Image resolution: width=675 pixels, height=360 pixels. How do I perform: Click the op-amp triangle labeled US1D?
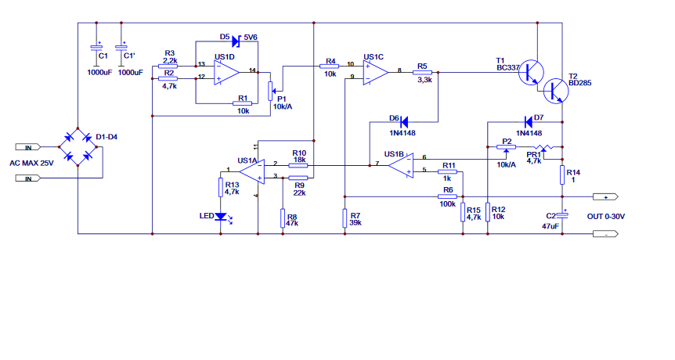tap(226, 72)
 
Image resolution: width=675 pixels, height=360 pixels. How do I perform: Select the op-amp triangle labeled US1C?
tap(374, 72)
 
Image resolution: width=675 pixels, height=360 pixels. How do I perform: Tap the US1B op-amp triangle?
tap(401, 166)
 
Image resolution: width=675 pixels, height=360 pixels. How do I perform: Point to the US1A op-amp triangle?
tap(253, 171)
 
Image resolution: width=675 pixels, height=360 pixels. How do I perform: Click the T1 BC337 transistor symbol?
tap(531, 72)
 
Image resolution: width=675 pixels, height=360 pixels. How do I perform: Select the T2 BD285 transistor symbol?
tap(556, 91)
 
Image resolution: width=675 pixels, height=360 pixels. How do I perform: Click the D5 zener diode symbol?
tap(236, 41)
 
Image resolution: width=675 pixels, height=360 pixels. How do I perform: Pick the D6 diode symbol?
tap(404, 122)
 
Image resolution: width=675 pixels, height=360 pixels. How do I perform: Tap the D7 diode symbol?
tap(528, 122)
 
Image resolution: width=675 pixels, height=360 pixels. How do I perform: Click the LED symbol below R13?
tap(222, 216)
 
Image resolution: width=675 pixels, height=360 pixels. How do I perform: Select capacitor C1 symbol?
tap(96, 47)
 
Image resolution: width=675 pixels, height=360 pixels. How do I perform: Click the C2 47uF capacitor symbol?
tap(561, 215)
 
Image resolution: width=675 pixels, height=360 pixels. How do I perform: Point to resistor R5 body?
tap(422, 73)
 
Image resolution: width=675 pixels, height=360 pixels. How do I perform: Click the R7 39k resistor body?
tap(345, 218)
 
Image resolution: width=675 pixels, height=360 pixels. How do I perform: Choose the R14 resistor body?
tap(561, 175)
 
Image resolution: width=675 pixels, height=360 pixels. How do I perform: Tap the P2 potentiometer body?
tap(506, 147)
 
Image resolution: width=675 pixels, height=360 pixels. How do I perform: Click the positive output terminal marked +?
tap(605, 197)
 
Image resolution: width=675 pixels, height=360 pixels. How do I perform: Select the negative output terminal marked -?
tap(605, 234)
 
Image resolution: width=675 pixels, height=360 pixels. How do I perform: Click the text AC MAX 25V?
tap(31, 163)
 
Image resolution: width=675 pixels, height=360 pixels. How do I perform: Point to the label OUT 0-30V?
tap(605, 216)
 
